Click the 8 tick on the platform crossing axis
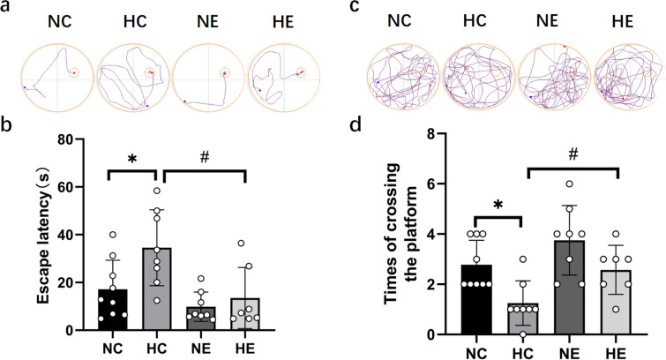click(434, 134)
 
